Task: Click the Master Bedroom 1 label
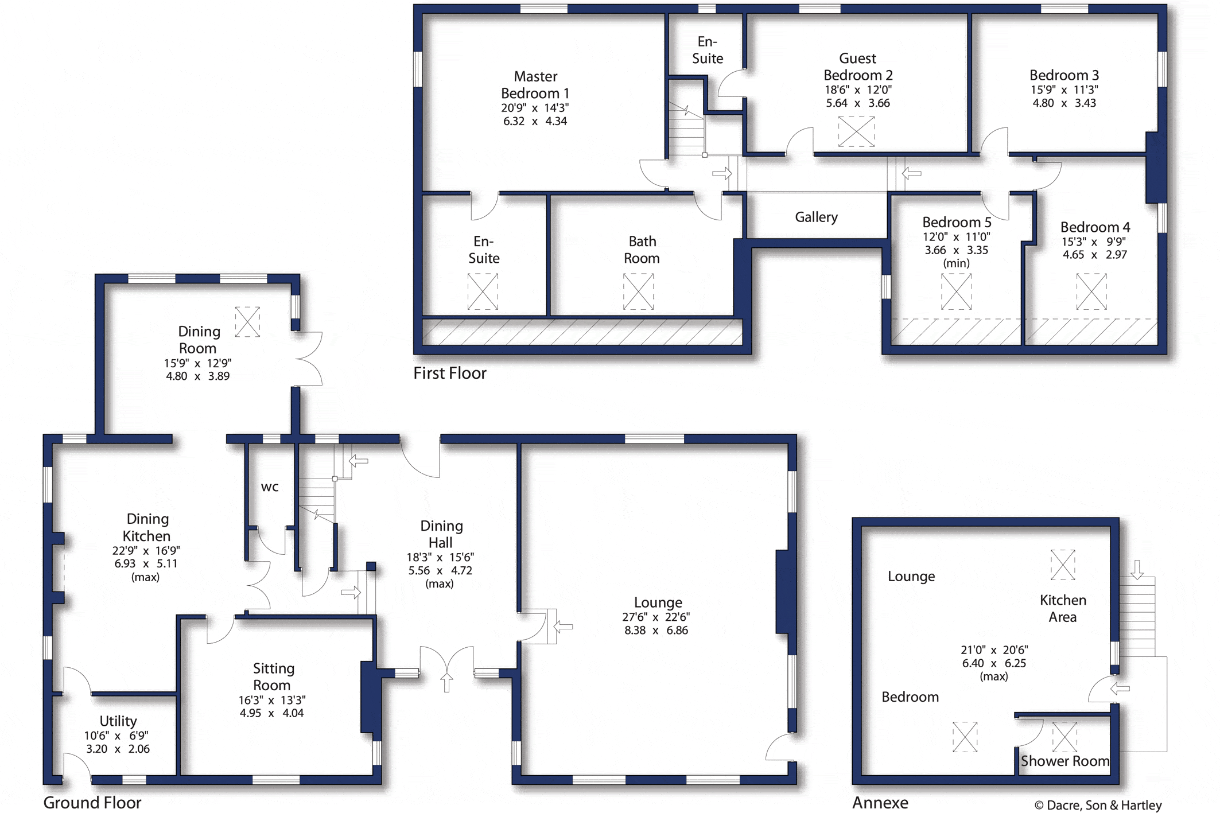coord(535,84)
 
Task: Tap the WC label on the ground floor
coord(270,487)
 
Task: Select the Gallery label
coord(816,217)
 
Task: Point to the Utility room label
coord(118,721)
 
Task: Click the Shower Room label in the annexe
coord(1065,761)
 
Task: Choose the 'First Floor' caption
coord(450,373)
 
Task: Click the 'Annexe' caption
coord(880,802)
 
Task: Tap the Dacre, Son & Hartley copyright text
coord(1098,805)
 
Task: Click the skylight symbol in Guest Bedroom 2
coord(856,131)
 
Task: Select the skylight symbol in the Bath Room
coord(638,291)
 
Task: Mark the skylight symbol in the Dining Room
coord(247,321)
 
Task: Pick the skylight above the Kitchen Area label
coord(1062,565)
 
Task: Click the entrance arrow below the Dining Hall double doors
coord(447,683)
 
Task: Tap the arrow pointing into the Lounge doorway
coord(563,627)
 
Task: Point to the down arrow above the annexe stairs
coord(1137,570)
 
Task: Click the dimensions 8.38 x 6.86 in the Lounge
coord(656,630)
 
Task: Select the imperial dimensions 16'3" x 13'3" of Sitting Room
coord(272,700)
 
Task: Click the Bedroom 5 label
coord(957,222)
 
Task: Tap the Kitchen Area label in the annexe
coord(1063,608)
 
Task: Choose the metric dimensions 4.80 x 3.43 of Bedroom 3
coord(1064,103)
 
